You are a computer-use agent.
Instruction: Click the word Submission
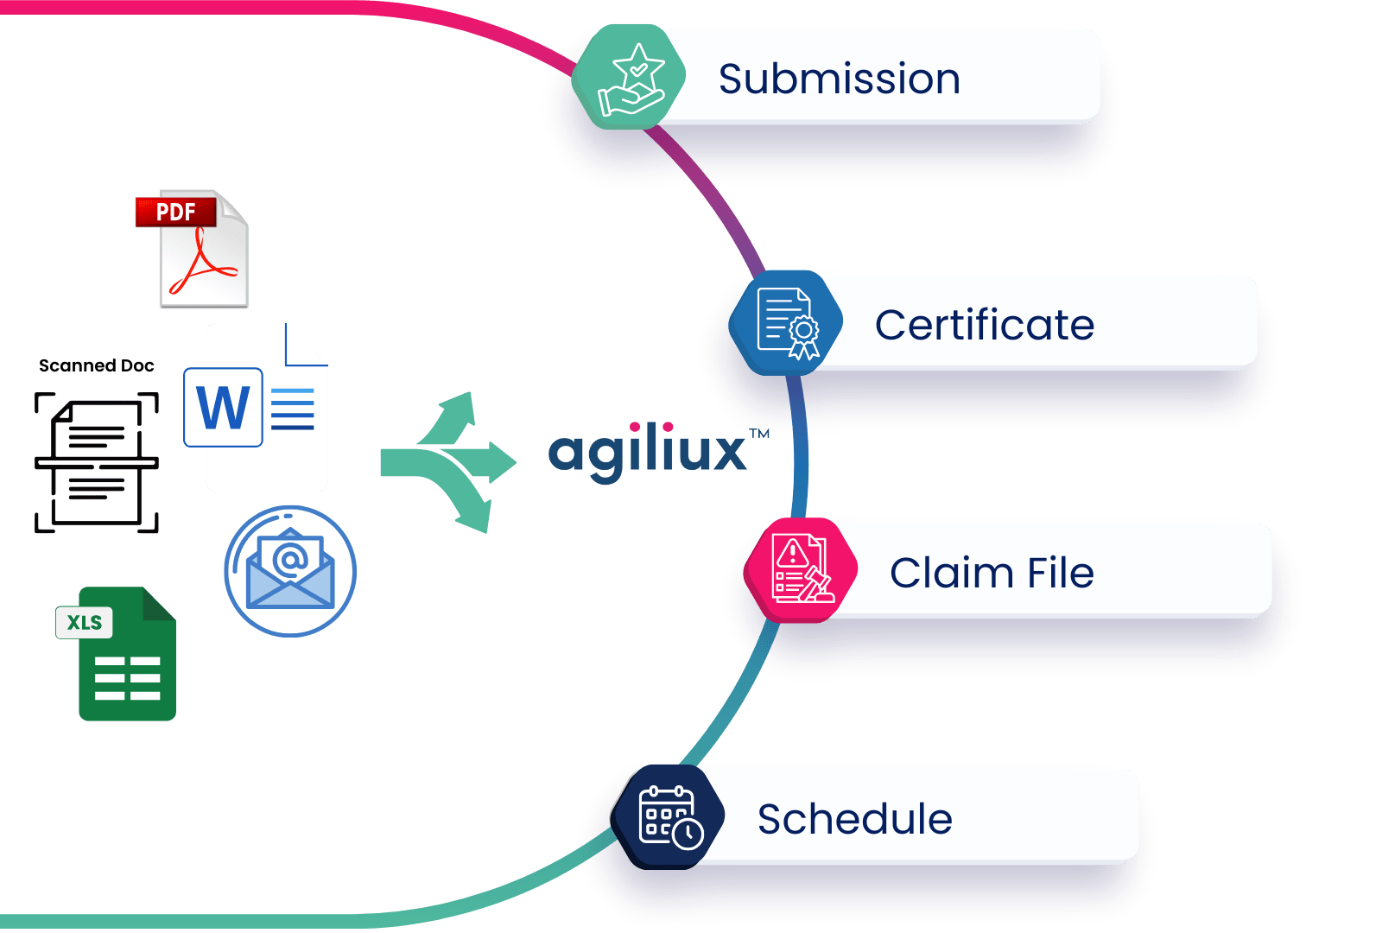[839, 79]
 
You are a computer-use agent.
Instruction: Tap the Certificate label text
[984, 326]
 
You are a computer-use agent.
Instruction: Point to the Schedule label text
[854, 819]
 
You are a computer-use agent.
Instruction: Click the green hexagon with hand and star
[630, 78]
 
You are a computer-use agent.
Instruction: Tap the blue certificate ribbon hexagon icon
[787, 323]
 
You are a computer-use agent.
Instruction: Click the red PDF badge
[175, 213]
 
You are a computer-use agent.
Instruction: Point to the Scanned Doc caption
[97, 365]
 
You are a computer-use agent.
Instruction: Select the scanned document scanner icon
[97, 462]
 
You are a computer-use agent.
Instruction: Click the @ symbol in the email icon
[289, 560]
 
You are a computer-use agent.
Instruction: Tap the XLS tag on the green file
[85, 623]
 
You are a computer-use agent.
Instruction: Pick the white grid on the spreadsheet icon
[127, 678]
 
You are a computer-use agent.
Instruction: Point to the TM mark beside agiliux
[760, 434]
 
